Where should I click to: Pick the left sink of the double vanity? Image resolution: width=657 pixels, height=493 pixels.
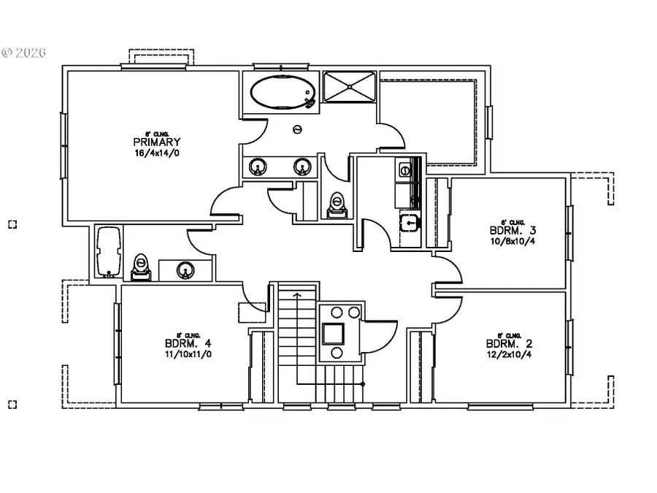point(257,167)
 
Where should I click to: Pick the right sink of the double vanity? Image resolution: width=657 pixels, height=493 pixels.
point(301,167)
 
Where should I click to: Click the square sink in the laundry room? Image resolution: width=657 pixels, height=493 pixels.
point(410,222)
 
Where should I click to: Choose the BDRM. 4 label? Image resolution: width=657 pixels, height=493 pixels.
point(188,343)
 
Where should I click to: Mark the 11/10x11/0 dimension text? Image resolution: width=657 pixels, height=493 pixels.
point(188,354)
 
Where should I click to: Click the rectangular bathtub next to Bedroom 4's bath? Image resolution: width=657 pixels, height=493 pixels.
point(108,252)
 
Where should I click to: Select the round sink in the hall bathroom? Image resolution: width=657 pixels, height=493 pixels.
point(185,271)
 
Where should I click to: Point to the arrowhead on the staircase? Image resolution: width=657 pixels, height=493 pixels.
point(297,295)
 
